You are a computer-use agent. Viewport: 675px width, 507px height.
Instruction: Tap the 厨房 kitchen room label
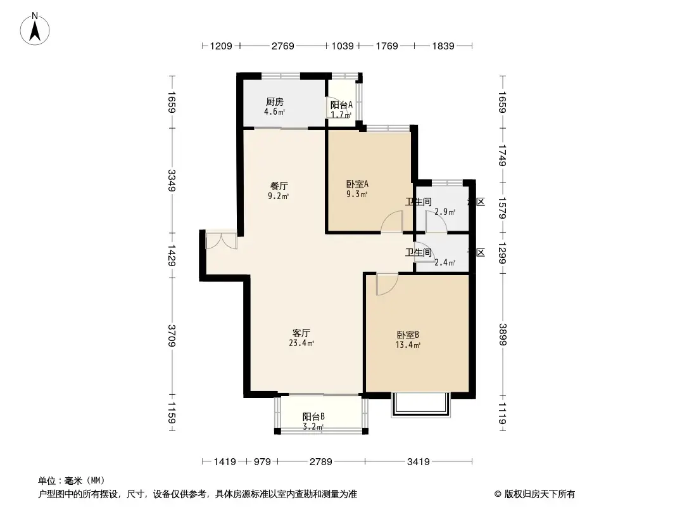(274, 101)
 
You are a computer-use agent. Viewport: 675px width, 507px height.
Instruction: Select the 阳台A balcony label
(341, 105)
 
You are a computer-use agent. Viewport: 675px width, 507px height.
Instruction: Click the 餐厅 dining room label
(279, 186)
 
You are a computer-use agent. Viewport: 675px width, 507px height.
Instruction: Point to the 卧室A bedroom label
(357, 184)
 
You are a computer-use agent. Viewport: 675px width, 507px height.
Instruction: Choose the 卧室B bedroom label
(408, 335)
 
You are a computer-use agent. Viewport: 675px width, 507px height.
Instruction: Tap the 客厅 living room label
(301, 333)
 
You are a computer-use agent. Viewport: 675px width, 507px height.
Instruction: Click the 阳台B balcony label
(313, 416)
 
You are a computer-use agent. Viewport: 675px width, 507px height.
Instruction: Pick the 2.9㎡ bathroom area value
(445, 212)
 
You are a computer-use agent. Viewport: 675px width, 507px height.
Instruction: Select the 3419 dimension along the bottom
(419, 461)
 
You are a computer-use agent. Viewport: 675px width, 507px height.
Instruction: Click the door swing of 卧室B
(384, 285)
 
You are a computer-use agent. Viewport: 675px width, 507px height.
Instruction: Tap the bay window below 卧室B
(420, 404)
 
